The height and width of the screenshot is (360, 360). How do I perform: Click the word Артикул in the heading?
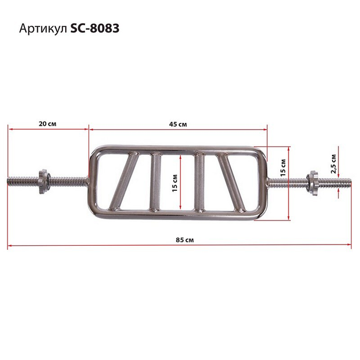(43, 29)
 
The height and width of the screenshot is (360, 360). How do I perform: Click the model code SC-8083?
(95, 29)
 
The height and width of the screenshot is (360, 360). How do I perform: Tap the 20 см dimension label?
(47, 124)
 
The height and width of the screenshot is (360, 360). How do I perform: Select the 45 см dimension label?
(178, 125)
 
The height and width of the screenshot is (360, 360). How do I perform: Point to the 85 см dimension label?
(185, 240)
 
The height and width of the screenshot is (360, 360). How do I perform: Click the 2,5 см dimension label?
(334, 163)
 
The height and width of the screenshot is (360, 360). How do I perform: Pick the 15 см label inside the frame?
(175, 183)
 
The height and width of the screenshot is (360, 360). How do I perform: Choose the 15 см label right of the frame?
(283, 167)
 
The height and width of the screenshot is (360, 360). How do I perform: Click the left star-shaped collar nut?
(43, 181)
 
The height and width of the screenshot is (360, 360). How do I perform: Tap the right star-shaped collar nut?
(312, 183)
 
